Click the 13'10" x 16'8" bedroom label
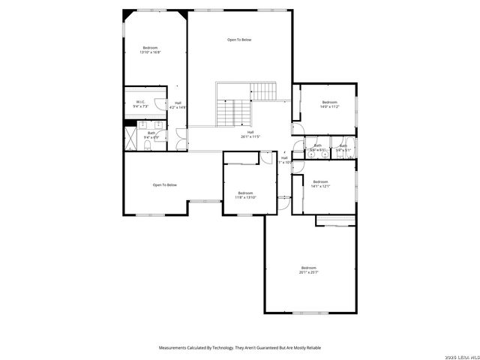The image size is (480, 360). pos(150,50)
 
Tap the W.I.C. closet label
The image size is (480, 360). pos(141,104)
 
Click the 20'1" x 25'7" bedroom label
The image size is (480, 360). pos(309,270)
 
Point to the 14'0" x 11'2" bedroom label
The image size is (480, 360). pos(330,104)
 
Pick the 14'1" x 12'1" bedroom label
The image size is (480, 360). pos(320,184)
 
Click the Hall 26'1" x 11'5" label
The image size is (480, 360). pos(250,134)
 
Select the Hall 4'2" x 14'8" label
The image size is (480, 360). pos(178,105)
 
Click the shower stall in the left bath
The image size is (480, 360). pos(132,136)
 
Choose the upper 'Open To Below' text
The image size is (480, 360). pos(239,40)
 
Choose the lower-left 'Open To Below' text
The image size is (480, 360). pos(164,184)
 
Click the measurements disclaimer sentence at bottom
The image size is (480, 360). pos(239,347)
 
